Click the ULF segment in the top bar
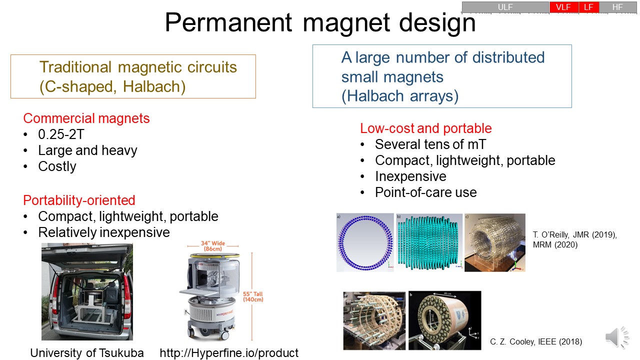pos(505,7)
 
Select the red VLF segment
pos(563,7)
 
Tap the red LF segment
pos(588,7)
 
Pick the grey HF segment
pos(617,7)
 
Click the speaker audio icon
pos(617,338)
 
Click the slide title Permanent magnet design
pos(320,23)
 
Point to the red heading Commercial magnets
pos(86,118)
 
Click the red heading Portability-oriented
pos(79,200)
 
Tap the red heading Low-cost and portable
pos(425,128)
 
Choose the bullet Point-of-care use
pos(425,192)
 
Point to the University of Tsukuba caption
pos(87,353)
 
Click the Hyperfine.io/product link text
pos(229,353)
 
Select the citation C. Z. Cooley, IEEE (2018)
pos(536,342)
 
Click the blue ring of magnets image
pos(364,242)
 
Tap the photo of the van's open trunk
pos(87,291)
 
